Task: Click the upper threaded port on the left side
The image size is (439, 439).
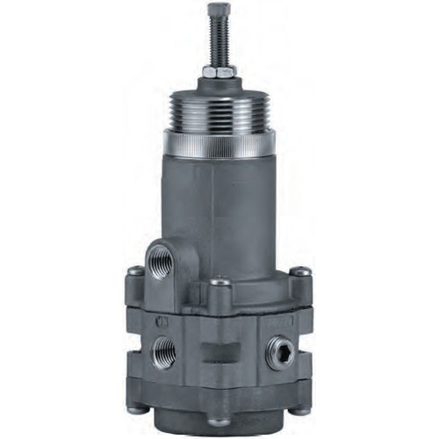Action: pos(159,263)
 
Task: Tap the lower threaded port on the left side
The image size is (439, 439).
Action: pos(162,351)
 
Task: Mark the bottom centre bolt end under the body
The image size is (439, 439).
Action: pos(219,424)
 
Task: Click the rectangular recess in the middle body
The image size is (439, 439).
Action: pos(219,354)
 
